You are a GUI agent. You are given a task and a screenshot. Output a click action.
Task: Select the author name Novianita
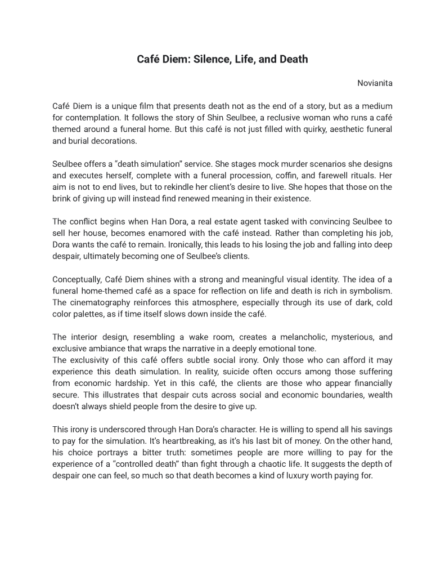[375, 83]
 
